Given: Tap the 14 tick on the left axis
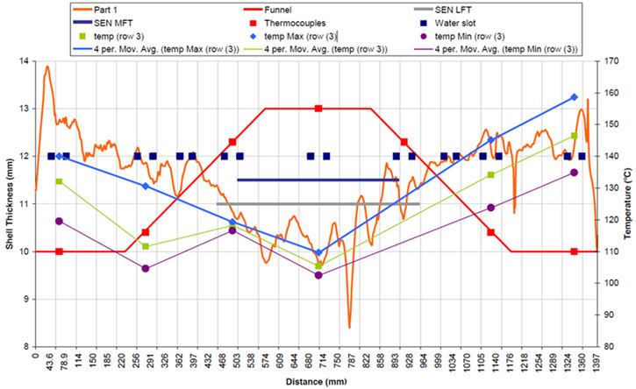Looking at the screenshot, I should coord(24,61).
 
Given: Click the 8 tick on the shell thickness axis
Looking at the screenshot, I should coord(25,346).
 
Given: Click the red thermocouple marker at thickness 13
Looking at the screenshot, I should coord(318,109).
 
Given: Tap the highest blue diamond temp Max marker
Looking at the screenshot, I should coord(574,97).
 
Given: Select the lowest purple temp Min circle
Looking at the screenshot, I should coord(318,275).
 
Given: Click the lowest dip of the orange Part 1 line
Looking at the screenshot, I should coord(349,328).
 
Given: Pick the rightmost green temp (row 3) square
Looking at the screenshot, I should coord(574,136).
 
